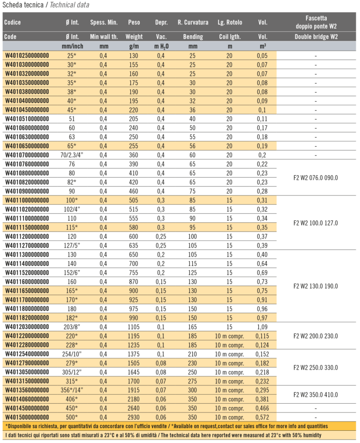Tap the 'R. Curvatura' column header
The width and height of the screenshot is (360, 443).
pyautogui.click(x=193, y=22)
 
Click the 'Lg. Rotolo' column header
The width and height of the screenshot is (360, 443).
pyautogui.click(x=230, y=22)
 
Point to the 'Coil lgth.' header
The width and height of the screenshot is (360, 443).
pyautogui.click(x=230, y=37)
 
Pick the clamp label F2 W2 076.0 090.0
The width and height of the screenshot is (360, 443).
pyautogui.click(x=315, y=178)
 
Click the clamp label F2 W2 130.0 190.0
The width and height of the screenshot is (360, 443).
pyautogui.click(x=315, y=286)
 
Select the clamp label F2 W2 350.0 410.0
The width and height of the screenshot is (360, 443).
pyautogui.click(x=315, y=394)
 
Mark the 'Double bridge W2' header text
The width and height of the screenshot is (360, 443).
pyautogui.click(x=315, y=37)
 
